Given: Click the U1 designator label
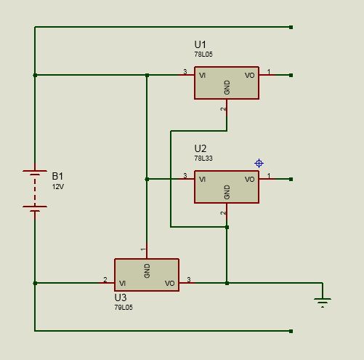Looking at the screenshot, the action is pyautogui.click(x=200, y=44).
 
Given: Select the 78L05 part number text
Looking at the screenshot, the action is pyautogui.click(x=203, y=55).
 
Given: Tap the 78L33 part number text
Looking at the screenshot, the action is pyautogui.click(x=203, y=159).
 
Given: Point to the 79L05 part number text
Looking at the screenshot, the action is pyautogui.click(x=124, y=308).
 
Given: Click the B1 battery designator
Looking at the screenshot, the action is pyautogui.click(x=57, y=176).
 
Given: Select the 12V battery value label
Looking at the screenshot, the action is pyautogui.click(x=58, y=187).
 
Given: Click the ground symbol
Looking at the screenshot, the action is pyautogui.click(x=323, y=303).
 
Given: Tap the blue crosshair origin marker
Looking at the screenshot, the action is pyautogui.click(x=259, y=164).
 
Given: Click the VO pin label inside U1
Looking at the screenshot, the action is pyautogui.click(x=249, y=76).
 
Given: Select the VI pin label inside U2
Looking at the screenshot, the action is pyautogui.click(x=202, y=180).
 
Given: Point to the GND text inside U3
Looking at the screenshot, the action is pyautogui.click(x=147, y=271).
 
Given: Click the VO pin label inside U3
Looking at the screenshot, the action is pyautogui.click(x=169, y=284).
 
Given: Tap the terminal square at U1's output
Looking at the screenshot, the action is pyautogui.click(x=291, y=76).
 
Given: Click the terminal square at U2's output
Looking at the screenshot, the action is pyautogui.click(x=291, y=180).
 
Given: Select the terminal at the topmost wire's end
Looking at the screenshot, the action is pyautogui.click(x=291, y=27).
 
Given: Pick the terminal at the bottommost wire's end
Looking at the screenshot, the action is pyautogui.click(x=291, y=331).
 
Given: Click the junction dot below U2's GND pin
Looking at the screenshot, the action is pyautogui.click(x=227, y=227).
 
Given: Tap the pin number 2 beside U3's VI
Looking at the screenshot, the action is pyautogui.click(x=105, y=279).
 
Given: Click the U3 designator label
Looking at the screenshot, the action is pyautogui.click(x=121, y=297).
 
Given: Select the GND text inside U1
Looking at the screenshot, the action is pyautogui.click(x=227, y=87).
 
